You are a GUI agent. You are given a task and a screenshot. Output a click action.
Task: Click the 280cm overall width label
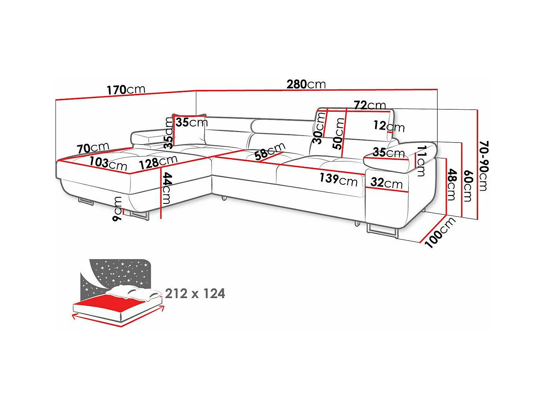(306, 84)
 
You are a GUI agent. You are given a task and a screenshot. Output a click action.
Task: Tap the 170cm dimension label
(126, 89)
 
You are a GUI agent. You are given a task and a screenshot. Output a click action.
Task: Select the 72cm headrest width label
(370, 105)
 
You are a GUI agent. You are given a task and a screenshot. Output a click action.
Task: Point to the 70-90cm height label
(483, 166)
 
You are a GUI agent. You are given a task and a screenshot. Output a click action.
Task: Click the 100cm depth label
(440, 232)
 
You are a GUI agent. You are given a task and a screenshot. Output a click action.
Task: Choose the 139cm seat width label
(339, 180)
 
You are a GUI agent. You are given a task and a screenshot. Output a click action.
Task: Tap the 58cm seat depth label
(269, 152)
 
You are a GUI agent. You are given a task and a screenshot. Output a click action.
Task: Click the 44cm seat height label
(167, 188)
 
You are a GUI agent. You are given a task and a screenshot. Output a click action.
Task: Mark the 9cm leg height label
(117, 209)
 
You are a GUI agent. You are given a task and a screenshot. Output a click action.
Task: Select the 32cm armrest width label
(386, 183)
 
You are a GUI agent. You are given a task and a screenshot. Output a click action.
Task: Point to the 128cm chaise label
(158, 162)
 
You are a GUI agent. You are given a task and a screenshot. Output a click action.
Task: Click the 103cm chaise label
(108, 164)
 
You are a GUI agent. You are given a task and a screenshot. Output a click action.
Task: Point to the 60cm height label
(468, 186)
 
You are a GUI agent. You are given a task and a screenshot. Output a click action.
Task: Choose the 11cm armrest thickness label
(422, 161)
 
